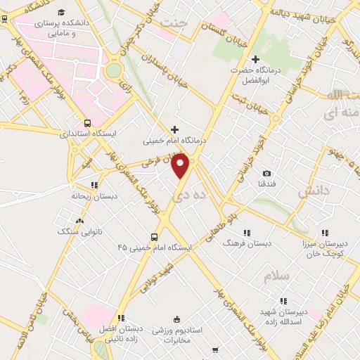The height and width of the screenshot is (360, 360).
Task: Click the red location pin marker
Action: tap(181, 167)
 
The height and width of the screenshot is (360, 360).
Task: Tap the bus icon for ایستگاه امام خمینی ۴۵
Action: tap(154, 237)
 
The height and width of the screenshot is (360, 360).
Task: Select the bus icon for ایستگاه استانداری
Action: tap(86, 122)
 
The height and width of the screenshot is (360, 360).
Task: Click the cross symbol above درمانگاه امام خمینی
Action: tap(175, 129)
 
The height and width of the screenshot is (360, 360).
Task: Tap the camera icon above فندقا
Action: tap(266, 173)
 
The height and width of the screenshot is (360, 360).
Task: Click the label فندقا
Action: tap(266, 184)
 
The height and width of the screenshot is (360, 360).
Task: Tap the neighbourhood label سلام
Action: tap(276, 276)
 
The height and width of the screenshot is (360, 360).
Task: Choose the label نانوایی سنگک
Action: tap(78, 230)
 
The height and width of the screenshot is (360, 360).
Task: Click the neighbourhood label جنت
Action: tap(175, 23)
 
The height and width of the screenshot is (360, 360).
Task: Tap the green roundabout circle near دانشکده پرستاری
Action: tap(113, 70)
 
